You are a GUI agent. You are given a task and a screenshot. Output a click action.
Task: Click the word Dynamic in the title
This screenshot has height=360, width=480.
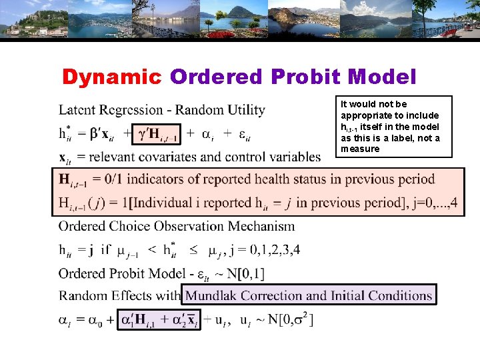point(112,77)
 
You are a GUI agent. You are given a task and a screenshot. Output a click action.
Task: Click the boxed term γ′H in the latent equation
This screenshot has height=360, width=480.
point(157,134)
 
